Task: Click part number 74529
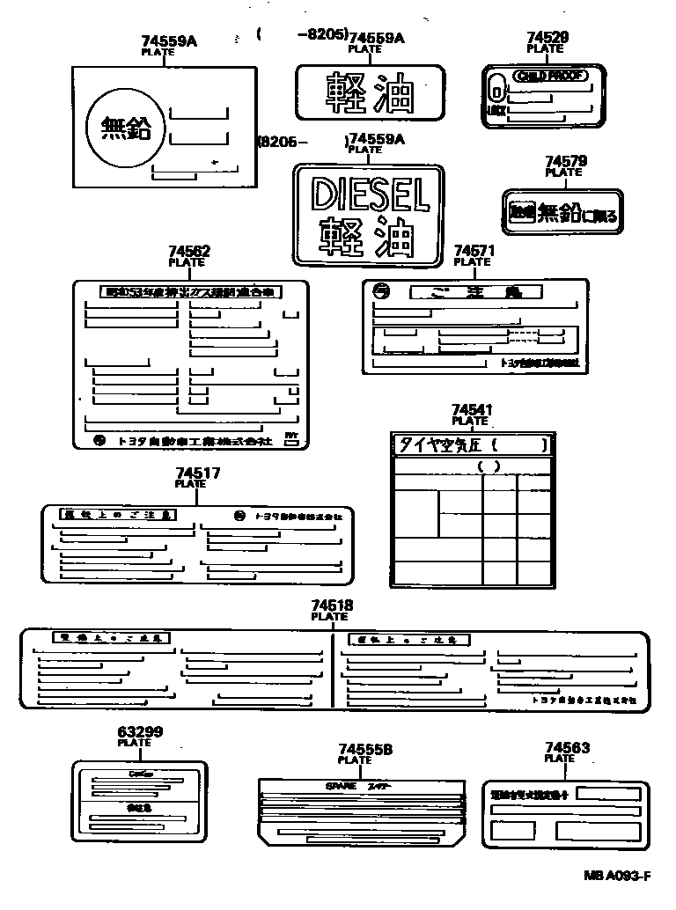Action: click(547, 37)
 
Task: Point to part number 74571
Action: click(474, 251)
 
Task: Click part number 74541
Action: click(471, 410)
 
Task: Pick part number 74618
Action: click(332, 605)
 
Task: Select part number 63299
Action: click(139, 731)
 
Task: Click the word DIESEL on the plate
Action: click(370, 193)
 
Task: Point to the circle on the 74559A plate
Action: click(126, 130)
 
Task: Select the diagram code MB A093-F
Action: click(615, 876)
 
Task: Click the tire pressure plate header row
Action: click(474, 445)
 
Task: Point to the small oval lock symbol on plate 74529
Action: click(496, 90)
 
